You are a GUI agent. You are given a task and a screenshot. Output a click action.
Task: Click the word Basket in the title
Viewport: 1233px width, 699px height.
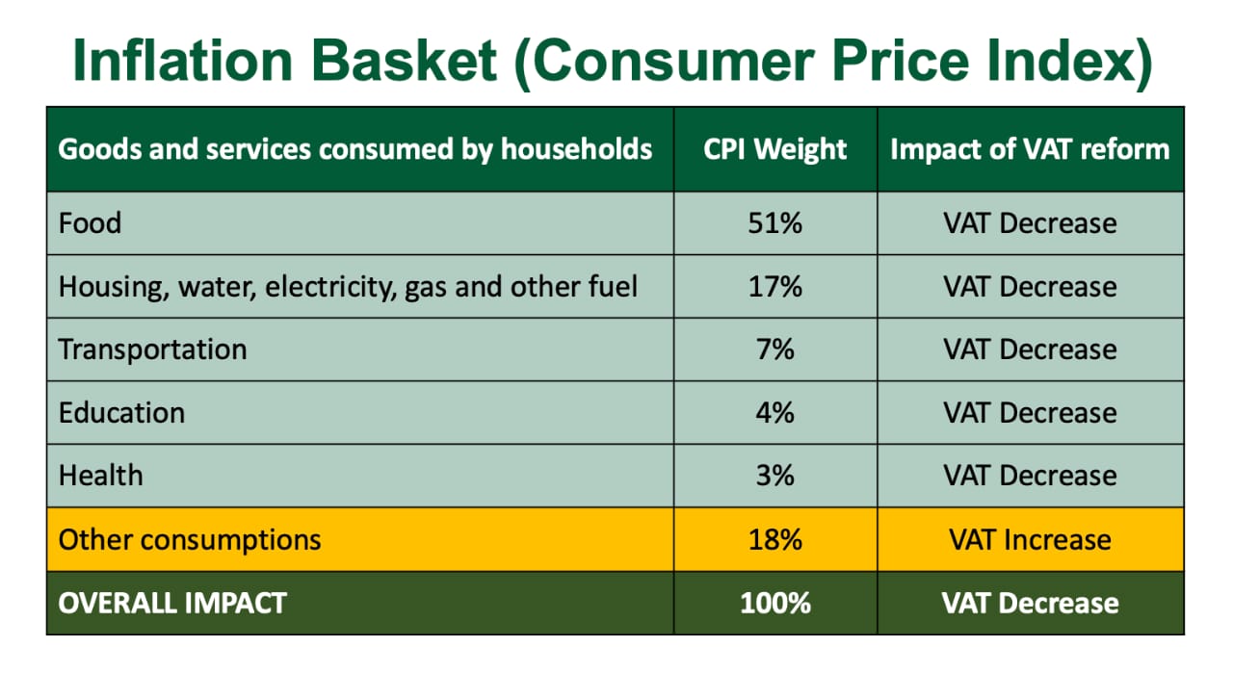(404, 61)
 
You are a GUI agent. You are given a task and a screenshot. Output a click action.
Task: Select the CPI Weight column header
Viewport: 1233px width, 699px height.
(775, 149)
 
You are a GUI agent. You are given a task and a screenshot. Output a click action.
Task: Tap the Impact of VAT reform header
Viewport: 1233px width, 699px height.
(1030, 149)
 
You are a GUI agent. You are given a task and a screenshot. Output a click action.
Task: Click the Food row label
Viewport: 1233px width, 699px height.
(90, 223)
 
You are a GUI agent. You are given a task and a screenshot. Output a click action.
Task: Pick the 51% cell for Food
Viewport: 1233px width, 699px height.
(775, 223)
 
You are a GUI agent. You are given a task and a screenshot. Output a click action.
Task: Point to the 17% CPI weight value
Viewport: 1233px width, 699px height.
(775, 286)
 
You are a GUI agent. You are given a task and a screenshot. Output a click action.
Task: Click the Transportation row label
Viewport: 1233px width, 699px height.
(152, 349)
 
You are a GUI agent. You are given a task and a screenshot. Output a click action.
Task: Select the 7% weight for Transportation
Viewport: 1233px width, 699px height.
(775, 349)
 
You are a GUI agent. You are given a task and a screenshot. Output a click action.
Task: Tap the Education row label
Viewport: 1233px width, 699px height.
(121, 413)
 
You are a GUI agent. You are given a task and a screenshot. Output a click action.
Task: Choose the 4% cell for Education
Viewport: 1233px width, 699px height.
(775, 413)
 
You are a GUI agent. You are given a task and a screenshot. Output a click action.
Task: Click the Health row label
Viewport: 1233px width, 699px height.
(101, 475)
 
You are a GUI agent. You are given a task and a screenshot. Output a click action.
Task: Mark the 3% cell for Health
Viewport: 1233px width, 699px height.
(775, 475)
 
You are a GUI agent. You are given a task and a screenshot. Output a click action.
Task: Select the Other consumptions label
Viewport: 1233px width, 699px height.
(190, 539)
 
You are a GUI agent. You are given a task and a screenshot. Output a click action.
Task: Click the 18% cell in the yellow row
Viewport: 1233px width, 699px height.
(775, 539)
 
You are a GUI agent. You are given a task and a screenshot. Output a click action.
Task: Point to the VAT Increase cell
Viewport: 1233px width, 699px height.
(1030, 539)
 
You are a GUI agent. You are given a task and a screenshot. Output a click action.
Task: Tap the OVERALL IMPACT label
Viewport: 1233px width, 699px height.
(172, 603)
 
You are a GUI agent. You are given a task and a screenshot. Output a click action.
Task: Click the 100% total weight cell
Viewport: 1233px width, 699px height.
(775, 603)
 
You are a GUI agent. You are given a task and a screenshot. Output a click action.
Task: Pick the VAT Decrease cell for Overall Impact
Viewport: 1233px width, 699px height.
(1030, 603)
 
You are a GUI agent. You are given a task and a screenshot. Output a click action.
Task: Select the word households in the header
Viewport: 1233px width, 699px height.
(576, 149)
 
